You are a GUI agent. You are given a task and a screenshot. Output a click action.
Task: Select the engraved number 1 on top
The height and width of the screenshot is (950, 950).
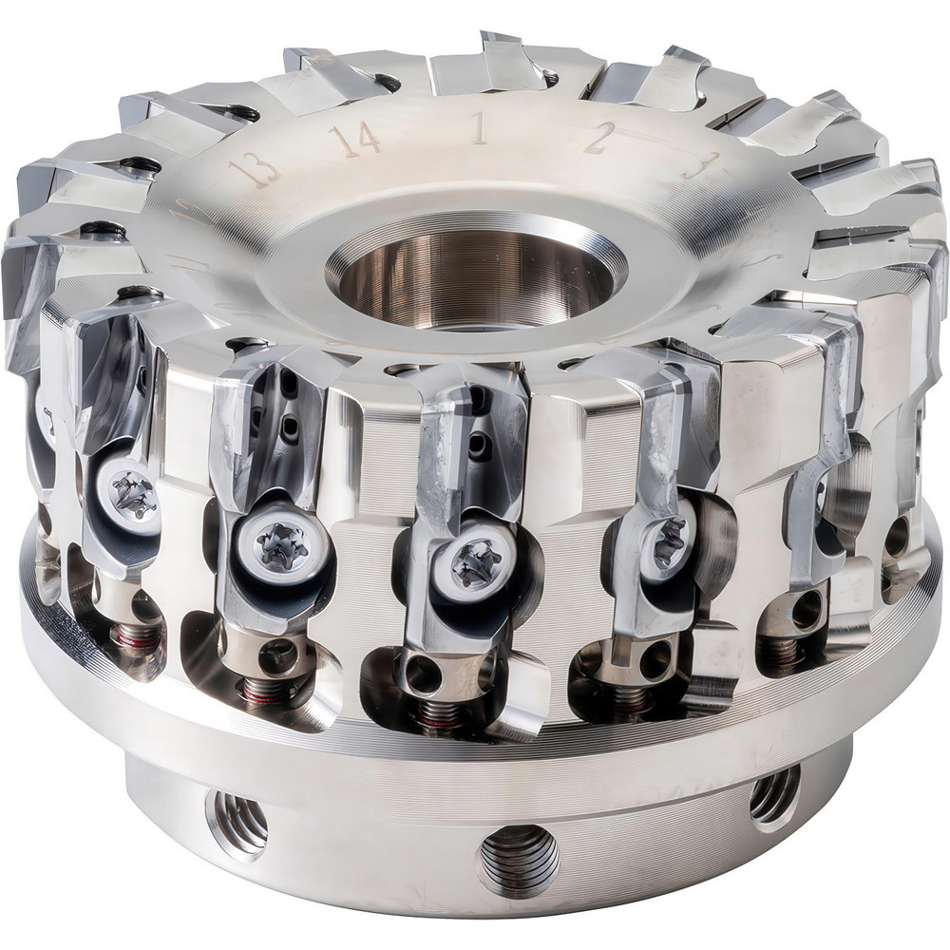(x=478, y=128)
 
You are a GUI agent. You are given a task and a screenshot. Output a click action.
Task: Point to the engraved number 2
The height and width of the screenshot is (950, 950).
(x=597, y=141)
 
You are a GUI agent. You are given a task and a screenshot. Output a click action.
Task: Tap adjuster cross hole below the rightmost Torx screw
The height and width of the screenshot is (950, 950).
(x=653, y=659)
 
